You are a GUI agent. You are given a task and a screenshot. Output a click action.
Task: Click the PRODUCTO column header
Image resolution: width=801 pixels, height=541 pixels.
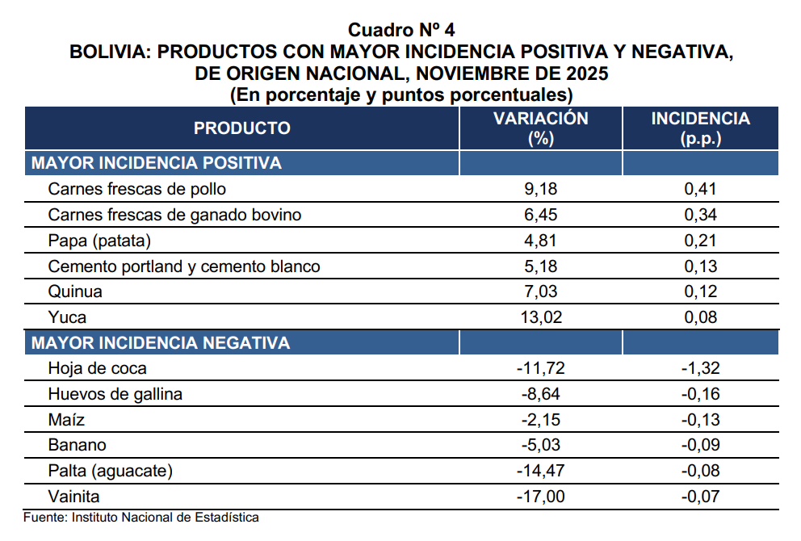tap(241, 128)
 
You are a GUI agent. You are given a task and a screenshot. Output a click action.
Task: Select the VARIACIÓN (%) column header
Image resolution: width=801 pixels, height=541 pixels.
tap(540, 128)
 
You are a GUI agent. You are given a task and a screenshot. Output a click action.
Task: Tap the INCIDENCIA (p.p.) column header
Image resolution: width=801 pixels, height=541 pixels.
tap(700, 128)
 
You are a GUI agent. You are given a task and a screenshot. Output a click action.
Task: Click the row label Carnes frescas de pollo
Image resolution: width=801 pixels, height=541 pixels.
tap(137, 190)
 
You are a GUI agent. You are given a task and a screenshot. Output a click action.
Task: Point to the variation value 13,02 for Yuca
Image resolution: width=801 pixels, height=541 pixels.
tap(540, 317)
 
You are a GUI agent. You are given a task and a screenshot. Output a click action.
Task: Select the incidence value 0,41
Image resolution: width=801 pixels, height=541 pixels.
tap(700, 190)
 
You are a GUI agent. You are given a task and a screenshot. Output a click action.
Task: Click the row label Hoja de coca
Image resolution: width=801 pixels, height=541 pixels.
tap(97, 369)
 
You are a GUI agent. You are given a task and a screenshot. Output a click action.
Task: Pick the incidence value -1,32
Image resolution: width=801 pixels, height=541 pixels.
tap(700, 369)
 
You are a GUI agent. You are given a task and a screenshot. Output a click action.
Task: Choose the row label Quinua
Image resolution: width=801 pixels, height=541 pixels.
tap(76, 291)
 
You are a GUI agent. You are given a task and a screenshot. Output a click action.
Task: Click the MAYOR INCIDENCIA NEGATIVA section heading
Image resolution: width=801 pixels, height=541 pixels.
tap(160, 343)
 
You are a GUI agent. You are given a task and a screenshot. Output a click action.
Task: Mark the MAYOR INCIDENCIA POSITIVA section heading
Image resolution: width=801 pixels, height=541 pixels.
tap(156, 164)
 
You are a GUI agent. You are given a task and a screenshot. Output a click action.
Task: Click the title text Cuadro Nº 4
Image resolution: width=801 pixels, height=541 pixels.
tap(401, 31)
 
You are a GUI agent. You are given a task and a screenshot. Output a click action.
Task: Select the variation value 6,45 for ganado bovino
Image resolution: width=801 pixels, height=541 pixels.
tap(540, 216)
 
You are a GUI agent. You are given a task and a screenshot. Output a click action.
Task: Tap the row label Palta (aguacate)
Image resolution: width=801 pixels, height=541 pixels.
tap(111, 472)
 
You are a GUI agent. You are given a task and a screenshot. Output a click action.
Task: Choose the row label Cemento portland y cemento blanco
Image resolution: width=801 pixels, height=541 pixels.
tap(184, 266)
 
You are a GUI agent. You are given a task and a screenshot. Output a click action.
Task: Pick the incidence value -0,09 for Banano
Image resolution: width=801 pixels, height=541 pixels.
tap(700, 446)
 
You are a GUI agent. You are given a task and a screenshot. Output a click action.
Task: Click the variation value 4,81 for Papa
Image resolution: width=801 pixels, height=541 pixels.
tap(540, 241)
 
